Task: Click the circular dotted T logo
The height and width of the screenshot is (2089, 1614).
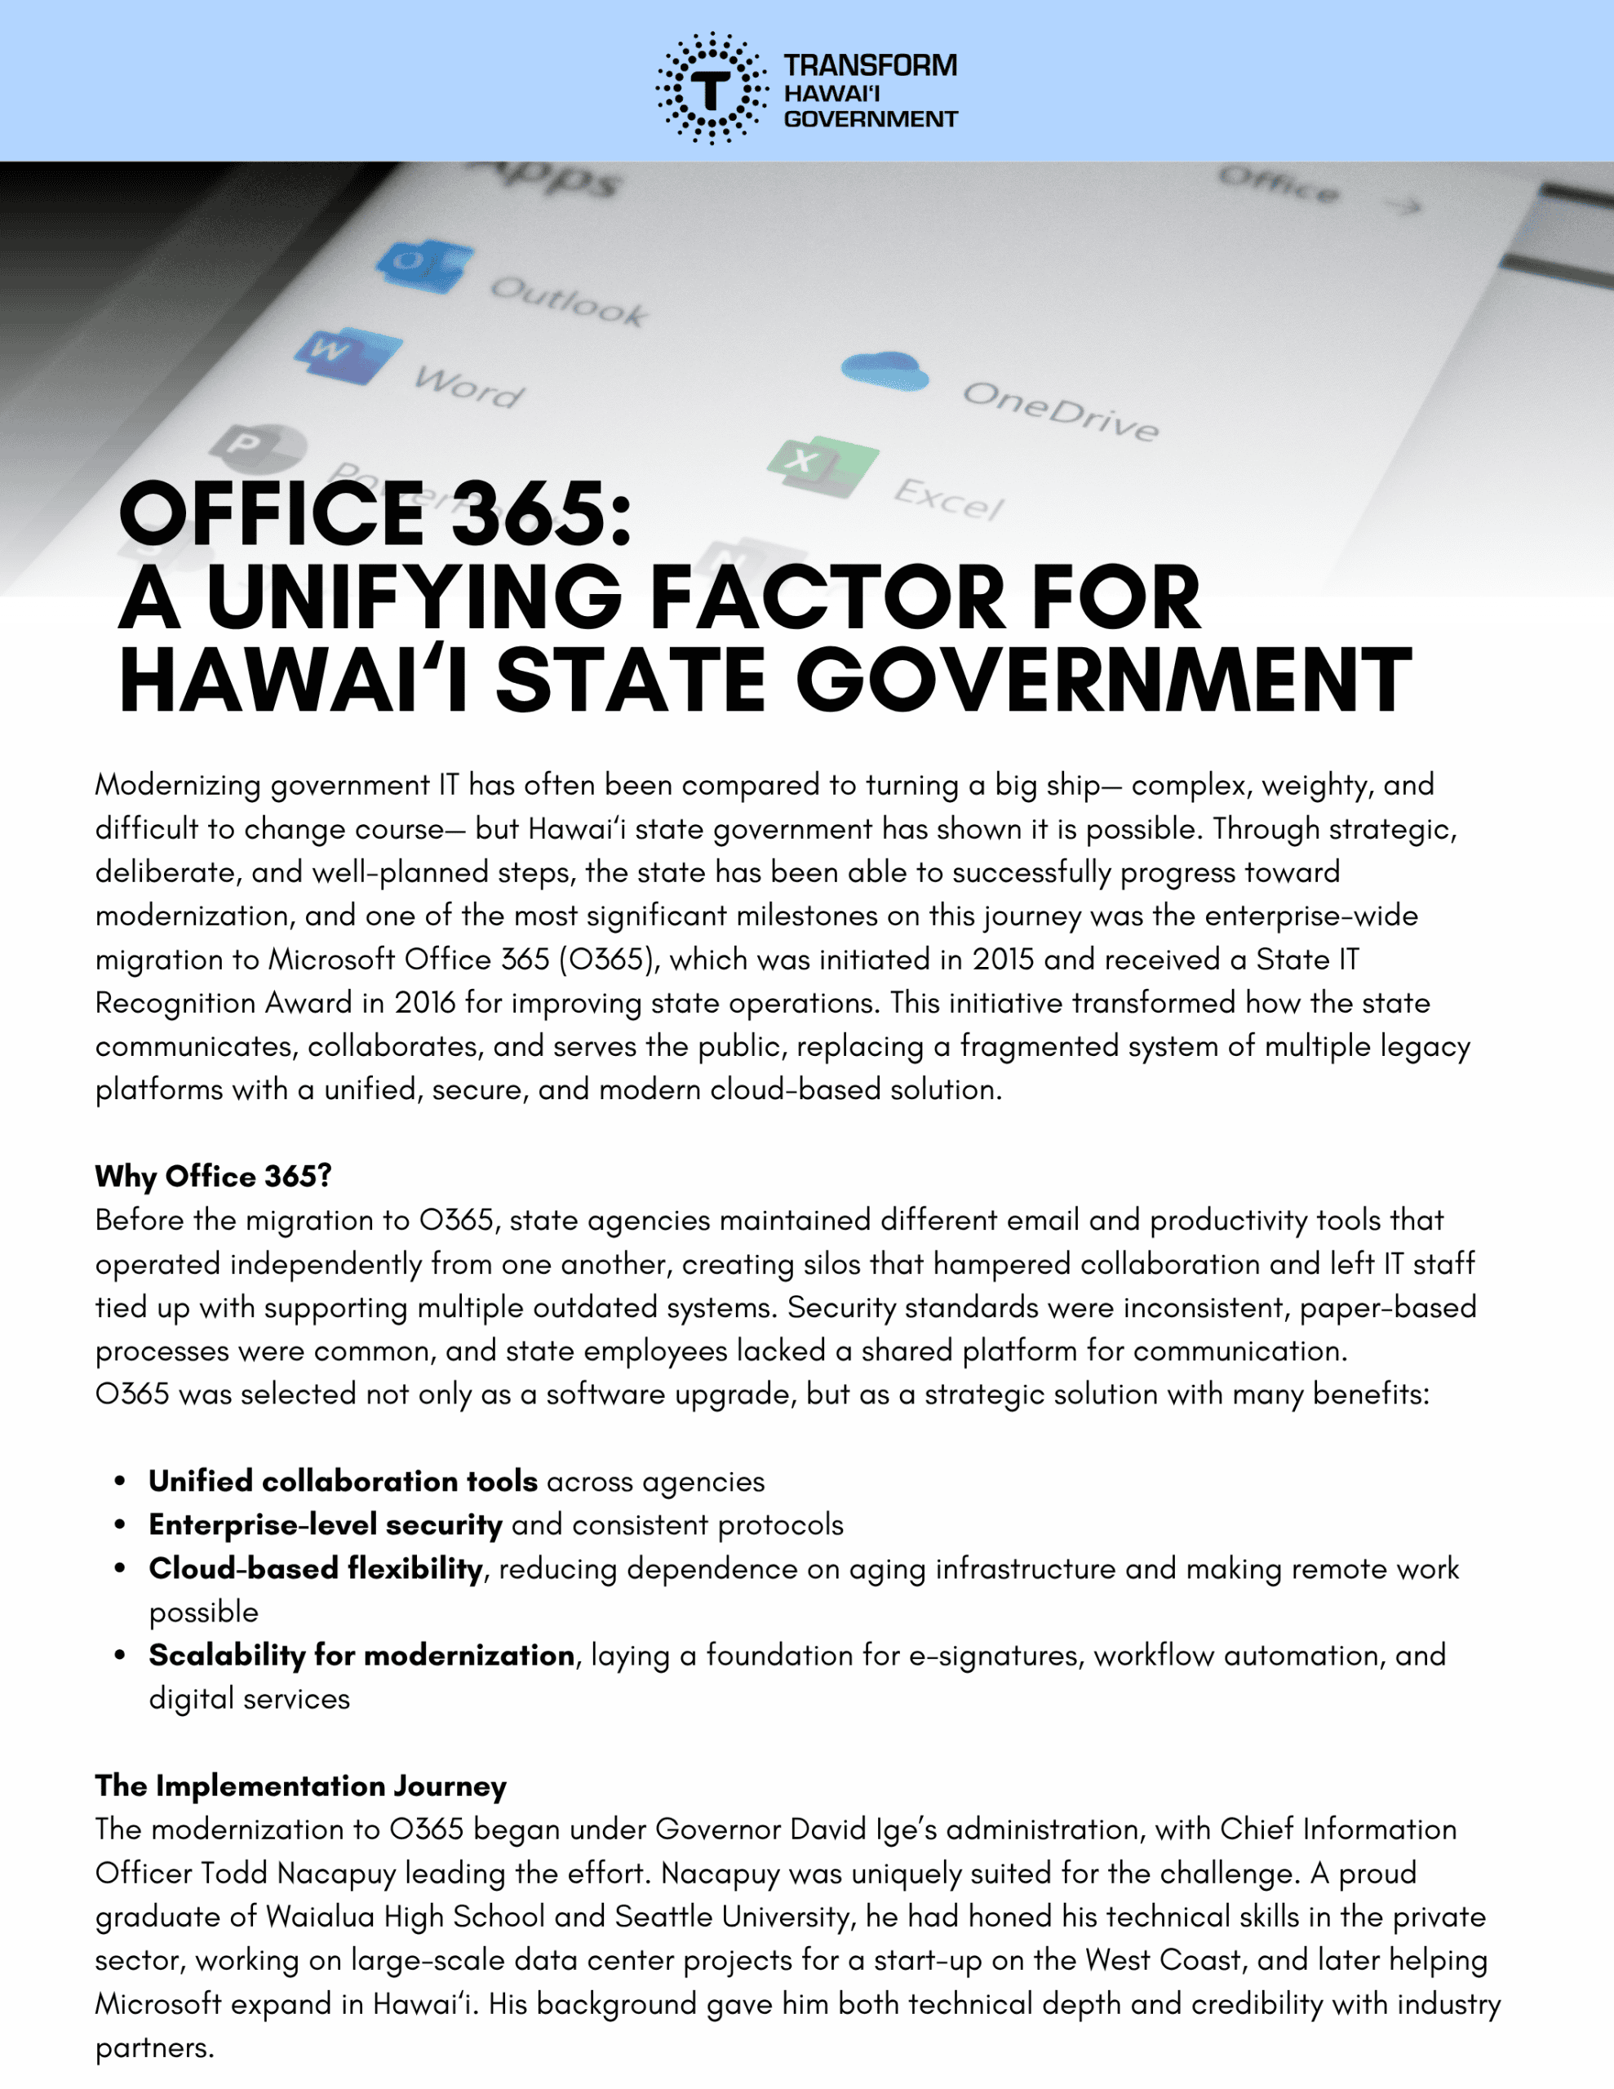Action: (x=711, y=88)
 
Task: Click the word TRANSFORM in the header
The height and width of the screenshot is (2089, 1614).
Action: (x=870, y=66)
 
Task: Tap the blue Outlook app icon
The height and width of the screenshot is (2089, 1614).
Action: (x=423, y=265)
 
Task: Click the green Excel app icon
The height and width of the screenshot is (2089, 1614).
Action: (x=822, y=466)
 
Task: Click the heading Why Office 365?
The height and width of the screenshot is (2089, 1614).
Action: (x=213, y=1177)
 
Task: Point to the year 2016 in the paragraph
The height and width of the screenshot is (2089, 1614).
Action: (x=425, y=1002)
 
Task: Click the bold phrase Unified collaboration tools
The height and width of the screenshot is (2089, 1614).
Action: (x=343, y=1482)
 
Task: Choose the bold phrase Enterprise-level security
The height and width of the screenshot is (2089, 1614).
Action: (x=326, y=1524)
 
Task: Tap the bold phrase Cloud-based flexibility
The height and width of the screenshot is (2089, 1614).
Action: (x=316, y=1568)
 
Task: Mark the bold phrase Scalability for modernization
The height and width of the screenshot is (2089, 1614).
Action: (x=361, y=1655)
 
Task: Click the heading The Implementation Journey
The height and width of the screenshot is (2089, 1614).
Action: (x=300, y=1785)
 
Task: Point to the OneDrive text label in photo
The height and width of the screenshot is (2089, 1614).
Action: (x=1060, y=410)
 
